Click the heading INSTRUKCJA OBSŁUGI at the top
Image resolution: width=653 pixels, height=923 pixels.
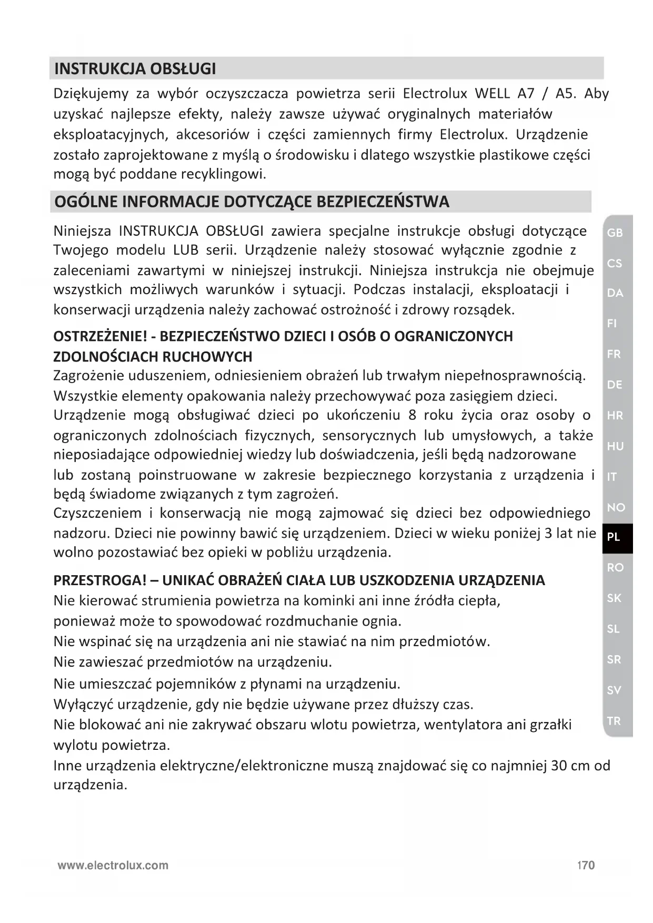135,69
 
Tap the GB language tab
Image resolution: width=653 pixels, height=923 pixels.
615,233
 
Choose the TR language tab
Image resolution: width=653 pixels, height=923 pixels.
614,721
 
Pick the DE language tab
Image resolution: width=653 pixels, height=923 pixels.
615,385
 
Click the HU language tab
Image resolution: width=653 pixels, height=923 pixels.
615,446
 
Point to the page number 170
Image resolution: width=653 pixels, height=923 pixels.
586,865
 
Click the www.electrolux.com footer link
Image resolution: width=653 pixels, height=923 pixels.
113,865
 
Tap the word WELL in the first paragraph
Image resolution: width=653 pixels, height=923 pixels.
492,94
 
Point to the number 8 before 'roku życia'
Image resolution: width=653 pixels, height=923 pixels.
412,415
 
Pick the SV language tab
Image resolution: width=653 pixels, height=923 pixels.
614,690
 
